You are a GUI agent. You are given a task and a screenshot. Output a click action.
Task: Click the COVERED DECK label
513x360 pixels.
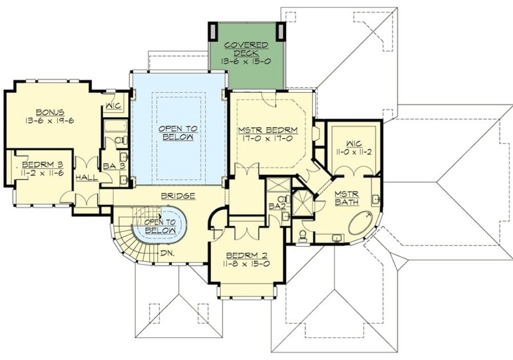246,49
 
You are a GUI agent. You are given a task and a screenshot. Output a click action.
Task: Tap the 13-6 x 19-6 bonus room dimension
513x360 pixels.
50,120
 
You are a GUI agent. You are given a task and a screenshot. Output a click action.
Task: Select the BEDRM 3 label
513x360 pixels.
43,165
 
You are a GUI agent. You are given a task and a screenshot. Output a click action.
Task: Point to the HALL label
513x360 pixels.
87,178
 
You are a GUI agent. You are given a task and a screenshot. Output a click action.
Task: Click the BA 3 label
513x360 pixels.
114,166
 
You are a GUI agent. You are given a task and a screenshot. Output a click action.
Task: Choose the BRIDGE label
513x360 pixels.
178,196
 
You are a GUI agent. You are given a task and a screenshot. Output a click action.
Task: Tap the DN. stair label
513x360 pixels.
167,253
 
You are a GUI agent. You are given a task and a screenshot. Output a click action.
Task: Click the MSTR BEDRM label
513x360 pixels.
268,130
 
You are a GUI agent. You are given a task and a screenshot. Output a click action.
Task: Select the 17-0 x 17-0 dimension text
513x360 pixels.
268,138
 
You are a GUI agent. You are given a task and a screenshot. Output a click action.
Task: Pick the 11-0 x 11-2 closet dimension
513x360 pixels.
354,152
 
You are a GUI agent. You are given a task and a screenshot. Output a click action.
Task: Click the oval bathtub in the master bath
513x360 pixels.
361,223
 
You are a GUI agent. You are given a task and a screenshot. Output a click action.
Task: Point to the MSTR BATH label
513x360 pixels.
347,198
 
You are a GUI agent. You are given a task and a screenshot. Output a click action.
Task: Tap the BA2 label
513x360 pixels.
277,206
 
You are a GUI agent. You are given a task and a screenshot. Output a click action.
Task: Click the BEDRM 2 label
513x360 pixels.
247,255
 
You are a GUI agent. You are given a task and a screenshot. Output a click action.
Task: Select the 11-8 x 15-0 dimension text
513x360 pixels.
247,264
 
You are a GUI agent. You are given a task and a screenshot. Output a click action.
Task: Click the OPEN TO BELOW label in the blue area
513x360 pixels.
178,133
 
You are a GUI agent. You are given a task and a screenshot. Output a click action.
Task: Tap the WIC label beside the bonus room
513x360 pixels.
113,106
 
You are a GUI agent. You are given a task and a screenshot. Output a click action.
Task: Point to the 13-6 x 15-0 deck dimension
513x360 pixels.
246,61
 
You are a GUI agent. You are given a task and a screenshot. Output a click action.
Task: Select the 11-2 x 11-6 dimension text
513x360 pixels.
43,173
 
